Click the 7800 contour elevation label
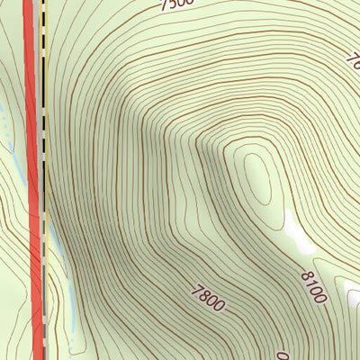208,297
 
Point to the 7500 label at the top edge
176,4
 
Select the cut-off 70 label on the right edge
353,57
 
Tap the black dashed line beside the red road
42,180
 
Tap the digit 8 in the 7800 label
204,294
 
